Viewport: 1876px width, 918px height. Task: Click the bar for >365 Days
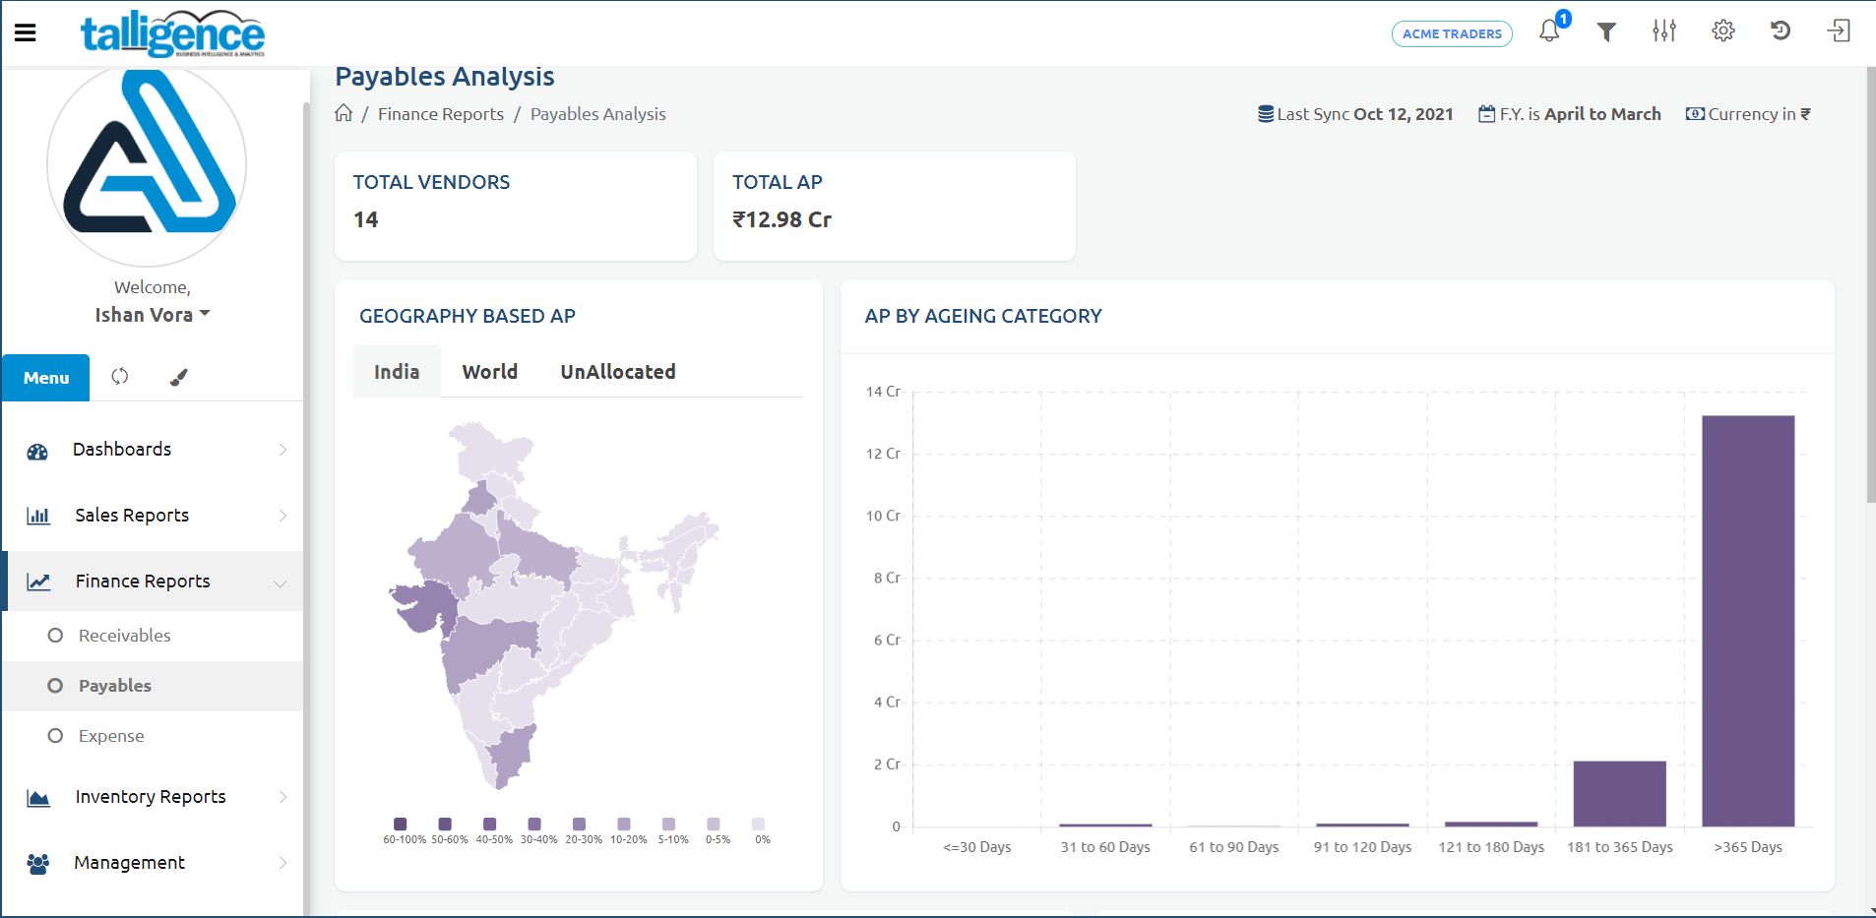click(x=1748, y=620)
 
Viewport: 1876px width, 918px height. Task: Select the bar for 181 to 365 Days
click(x=1619, y=793)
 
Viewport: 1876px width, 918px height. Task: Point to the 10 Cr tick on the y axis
click(x=883, y=516)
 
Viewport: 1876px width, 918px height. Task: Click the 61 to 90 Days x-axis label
click(x=1233, y=847)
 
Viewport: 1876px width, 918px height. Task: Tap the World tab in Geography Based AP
click(x=489, y=372)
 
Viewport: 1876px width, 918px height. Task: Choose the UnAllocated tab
click(x=617, y=372)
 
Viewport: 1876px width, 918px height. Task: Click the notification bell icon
click(x=1549, y=31)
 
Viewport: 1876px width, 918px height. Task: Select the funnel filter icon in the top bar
click(x=1606, y=32)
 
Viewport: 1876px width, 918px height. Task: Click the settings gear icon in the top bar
click(x=1722, y=31)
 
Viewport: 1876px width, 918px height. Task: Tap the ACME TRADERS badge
click(x=1452, y=33)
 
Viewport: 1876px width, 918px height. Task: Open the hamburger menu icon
click(x=26, y=32)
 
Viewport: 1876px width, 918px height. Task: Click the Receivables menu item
click(x=124, y=636)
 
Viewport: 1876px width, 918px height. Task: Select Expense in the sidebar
click(x=111, y=736)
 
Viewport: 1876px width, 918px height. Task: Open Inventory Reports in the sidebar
click(x=151, y=797)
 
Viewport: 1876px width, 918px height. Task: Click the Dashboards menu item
click(x=122, y=450)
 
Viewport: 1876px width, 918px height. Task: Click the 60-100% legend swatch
click(x=400, y=824)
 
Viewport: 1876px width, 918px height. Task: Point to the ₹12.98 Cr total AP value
click(x=782, y=220)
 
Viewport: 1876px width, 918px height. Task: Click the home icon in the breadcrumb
click(x=344, y=113)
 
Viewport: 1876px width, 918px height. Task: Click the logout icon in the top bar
click(x=1838, y=31)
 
